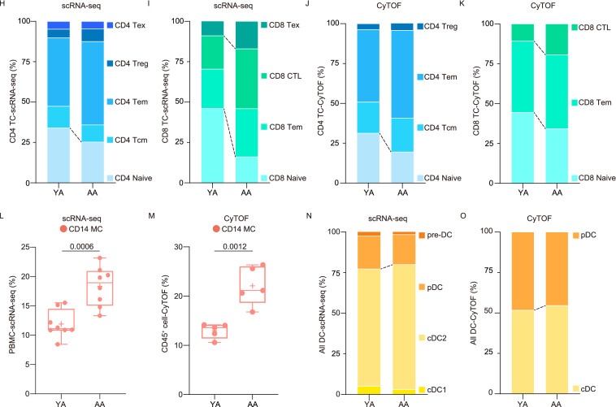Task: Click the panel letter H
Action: (x=5, y=5)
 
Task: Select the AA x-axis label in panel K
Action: (x=557, y=195)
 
